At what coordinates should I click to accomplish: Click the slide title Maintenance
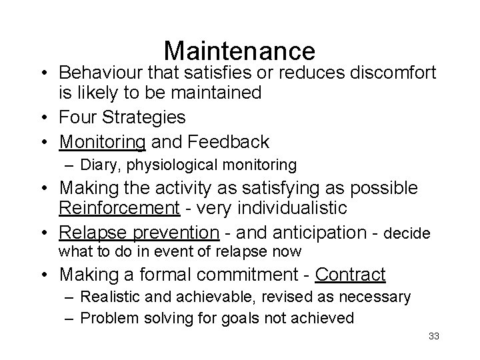pos(239,51)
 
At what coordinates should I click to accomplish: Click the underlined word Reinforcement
pos(119,208)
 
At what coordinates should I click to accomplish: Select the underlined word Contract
pos(350,274)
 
